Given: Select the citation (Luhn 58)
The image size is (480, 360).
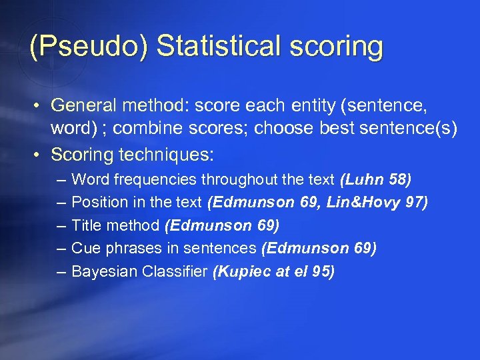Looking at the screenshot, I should [376, 179].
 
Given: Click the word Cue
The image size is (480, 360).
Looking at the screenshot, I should [85, 248].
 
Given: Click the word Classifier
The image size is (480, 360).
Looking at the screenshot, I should [174, 271].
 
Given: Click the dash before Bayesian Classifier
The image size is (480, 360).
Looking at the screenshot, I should [61, 271].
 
